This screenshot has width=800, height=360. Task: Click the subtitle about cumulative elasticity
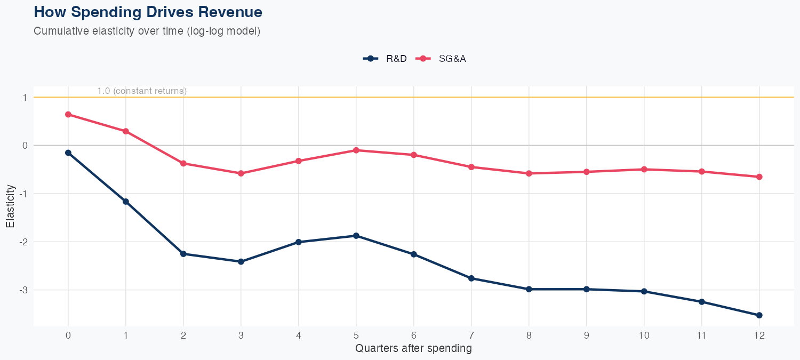pos(147,31)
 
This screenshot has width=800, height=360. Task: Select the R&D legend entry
pos(385,59)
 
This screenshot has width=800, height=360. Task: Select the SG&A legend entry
pos(442,59)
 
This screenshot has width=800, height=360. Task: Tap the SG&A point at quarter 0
pos(68,114)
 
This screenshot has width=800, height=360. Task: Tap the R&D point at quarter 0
pos(68,153)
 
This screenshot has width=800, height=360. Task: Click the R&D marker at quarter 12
pos(759,315)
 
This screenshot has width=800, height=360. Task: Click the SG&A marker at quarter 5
pos(356,150)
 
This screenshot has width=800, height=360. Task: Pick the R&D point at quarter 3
pos(241,261)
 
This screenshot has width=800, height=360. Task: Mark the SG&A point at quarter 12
pos(759,177)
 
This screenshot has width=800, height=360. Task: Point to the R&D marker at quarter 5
pos(356,236)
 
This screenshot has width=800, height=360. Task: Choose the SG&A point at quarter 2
pos(183,163)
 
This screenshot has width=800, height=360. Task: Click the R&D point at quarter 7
pos(471,278)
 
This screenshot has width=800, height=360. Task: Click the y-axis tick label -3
pos(24,290)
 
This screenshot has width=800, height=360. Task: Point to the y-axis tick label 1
pos(25,98)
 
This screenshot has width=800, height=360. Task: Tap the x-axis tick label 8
pos(529,336)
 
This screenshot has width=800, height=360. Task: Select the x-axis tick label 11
pos(702,336)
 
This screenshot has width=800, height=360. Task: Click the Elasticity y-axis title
pos(10,206)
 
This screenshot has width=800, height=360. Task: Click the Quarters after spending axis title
pos(413,349)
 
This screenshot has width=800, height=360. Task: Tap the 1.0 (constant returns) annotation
pos(142,91)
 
